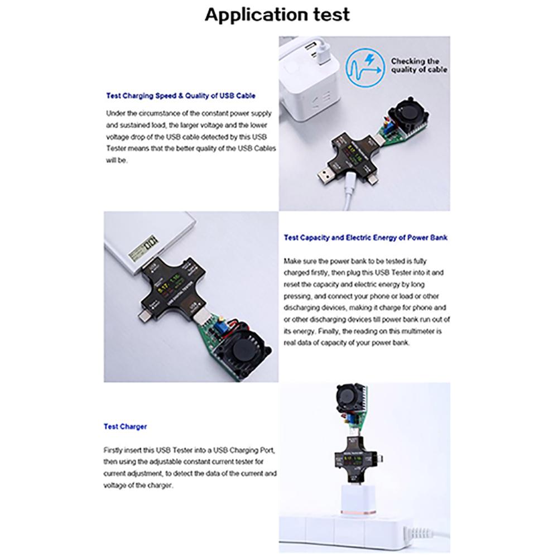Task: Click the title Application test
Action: (277, 15)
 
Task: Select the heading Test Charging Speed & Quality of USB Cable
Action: (181, 95)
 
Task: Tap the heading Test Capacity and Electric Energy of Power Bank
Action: (365, 237)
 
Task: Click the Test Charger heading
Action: (125, 426)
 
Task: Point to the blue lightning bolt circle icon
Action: (364, 66)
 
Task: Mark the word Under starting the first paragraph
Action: (116, 113)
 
